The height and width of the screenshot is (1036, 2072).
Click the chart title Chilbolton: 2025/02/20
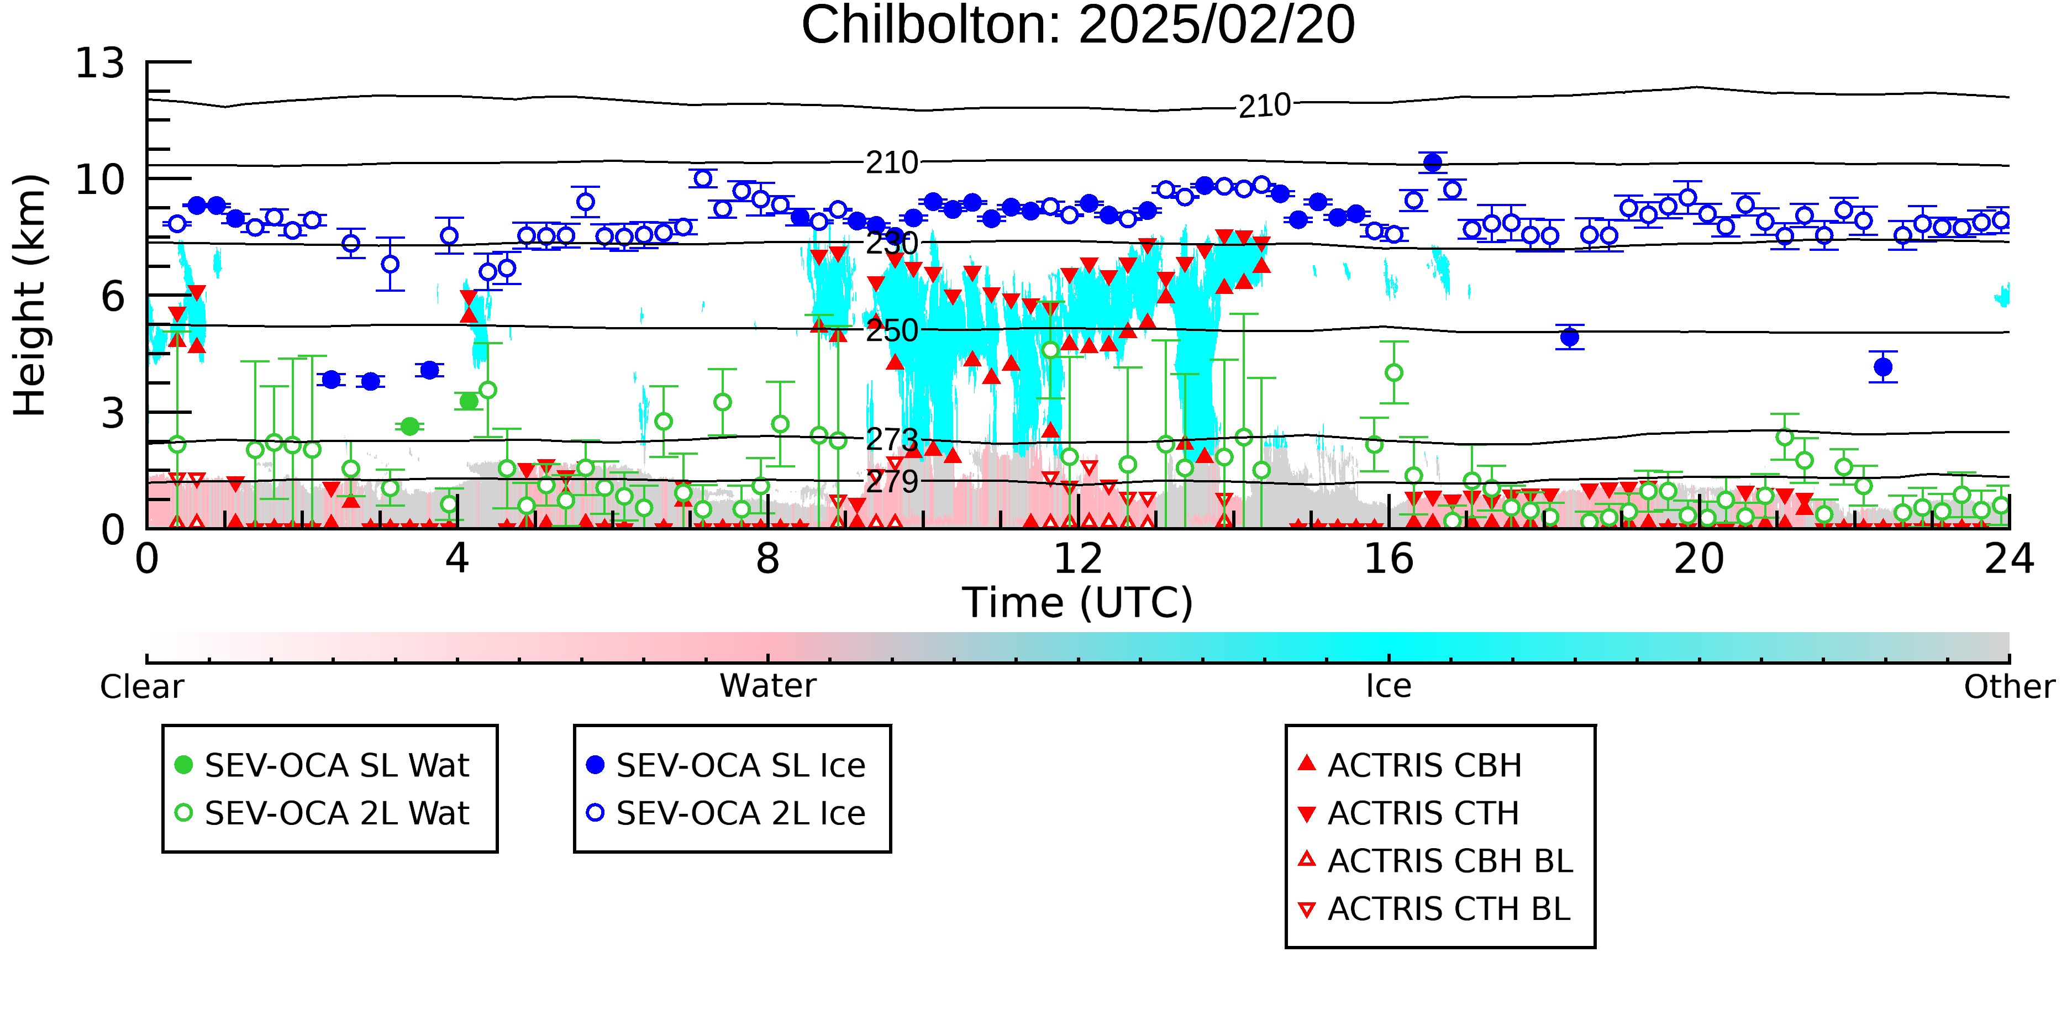pyautogui.click(x=1078, y=26)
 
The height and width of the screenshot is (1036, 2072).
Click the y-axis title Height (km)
pyautogui.click(x=30, y=295)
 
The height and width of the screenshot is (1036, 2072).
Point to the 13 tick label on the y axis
pyautogui.click(x=101, y=63)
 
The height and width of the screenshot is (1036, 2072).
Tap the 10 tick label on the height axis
pyautogui.click(x=101, y=180)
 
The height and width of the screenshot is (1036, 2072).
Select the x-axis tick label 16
pyautogui.click(x=1389, y=559)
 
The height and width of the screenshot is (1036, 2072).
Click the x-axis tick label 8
pyautogui.click(x=767, y=559)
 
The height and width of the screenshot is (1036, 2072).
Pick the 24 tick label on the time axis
pyautogui.click(x=2009, y=559)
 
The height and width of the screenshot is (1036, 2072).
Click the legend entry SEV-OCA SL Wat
pyautogui.click(x=322, y=765)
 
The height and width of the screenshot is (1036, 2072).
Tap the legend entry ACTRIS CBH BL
pyautogui.click(x=1436, y=861)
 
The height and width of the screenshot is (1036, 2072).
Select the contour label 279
pyautogui.click(x=892, y=481)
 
